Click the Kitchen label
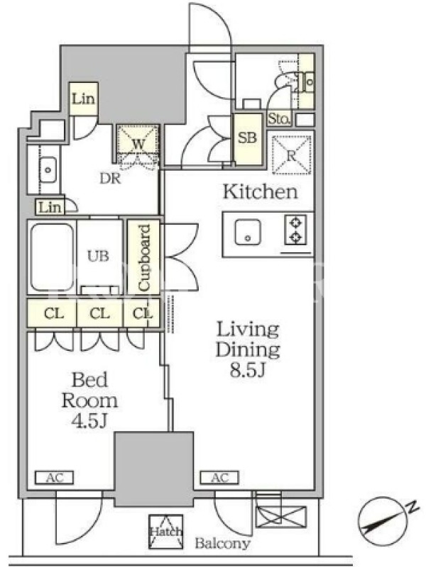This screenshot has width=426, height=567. coord(260,191)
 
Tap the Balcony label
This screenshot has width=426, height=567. coord(222,543)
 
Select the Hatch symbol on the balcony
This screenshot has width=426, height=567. coord(166,532)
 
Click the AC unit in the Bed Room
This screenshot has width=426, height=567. coord(55,478)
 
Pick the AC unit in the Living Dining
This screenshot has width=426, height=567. coord(219,478)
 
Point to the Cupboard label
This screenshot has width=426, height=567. coord(144,258)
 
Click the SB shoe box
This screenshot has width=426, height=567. coord(247,139)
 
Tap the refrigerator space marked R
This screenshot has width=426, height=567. coord(292,155)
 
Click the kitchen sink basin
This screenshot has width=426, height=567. coord(247,232)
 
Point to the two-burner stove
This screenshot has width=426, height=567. coord(296,230)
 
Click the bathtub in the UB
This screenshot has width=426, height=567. coord(52,257)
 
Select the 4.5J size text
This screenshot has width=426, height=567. coord(89,420)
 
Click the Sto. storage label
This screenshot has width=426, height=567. coord(279,118)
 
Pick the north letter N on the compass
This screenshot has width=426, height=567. coord(413,507)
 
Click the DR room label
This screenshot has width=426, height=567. coord(110,178)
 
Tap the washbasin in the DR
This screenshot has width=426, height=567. coord(48,169)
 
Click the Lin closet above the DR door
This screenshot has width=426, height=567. coord(83,99)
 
